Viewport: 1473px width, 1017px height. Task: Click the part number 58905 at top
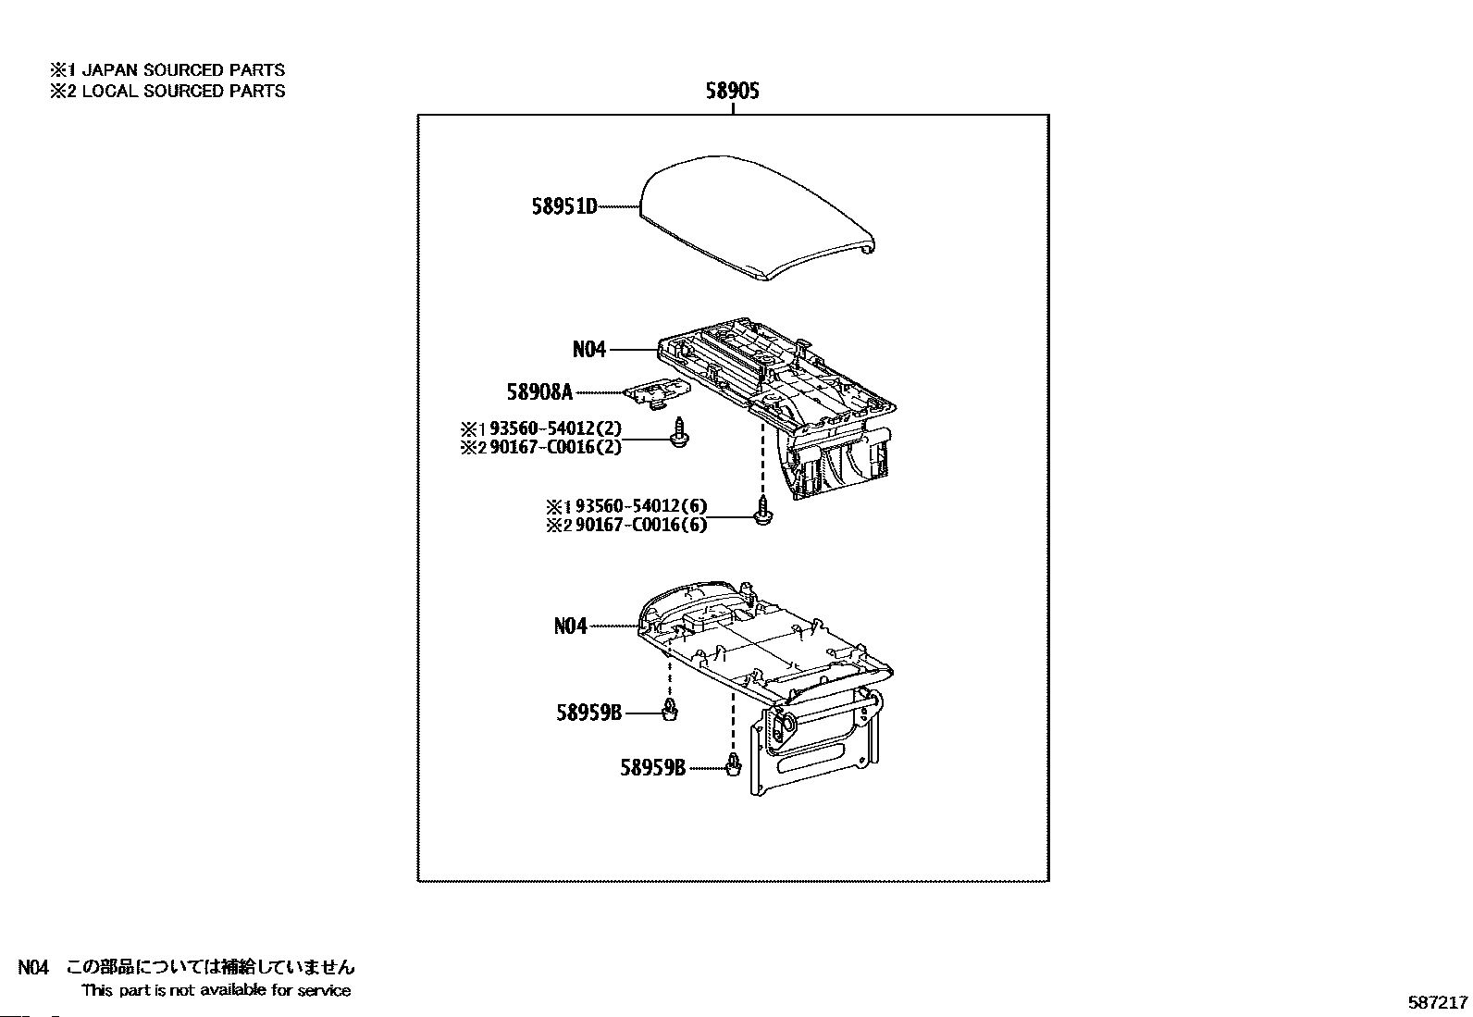coord(732,91)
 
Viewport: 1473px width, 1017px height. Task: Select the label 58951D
coord(564,207)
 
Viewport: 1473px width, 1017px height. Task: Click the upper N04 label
coord(588,350)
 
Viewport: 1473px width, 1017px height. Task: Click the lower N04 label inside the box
coord(570,626)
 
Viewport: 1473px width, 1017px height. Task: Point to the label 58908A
coord(538,392)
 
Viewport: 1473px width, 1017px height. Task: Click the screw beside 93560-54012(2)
coord(680,433)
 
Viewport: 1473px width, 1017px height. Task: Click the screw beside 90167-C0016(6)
coord(763,512)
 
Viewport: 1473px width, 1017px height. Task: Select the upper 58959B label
coord(589,713)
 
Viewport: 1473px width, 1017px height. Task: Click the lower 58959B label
coord(652,768)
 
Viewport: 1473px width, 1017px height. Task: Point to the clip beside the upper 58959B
coord(671,711)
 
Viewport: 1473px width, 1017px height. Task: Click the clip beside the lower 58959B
coord(735,765)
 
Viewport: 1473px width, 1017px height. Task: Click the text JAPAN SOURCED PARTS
coord(183,70)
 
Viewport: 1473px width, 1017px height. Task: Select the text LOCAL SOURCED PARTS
coord(183,91)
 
